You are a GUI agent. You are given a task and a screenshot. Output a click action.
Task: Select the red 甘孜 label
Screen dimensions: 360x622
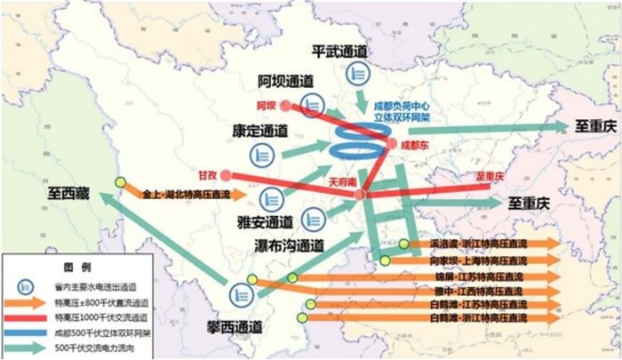209,176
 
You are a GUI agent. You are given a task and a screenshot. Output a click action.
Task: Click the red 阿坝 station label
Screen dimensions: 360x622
266,107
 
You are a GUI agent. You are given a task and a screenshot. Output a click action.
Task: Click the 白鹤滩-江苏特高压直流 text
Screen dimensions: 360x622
474,303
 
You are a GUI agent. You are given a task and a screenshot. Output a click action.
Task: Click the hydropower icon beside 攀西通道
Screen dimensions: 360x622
241,294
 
